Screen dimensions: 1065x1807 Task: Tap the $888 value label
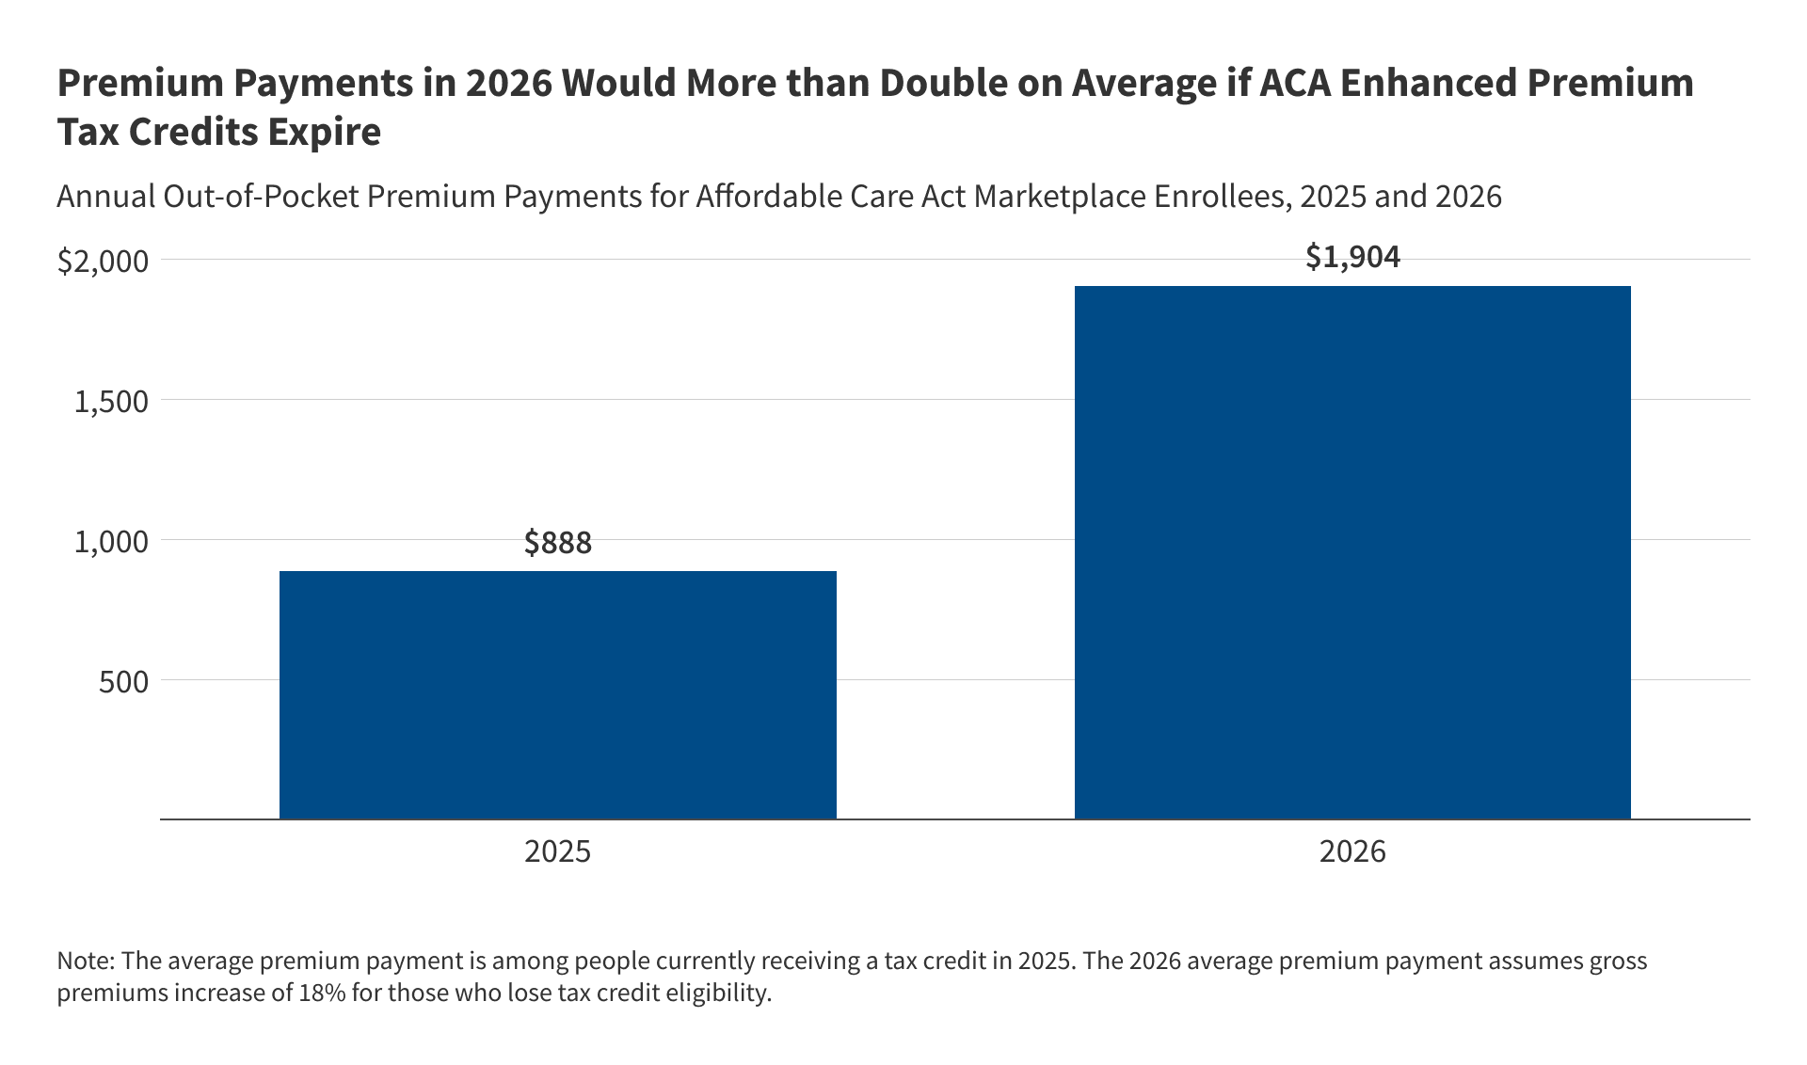pyautogui.click(x=557, y=543)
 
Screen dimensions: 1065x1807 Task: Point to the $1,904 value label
pyautogui.click(x=1352, y=257)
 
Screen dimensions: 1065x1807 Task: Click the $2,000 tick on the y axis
pyautogui.click(x=103, y=262)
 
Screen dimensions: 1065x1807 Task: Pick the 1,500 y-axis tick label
pyautogui.click(x=111, y=402)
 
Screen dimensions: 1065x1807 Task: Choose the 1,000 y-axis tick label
pyautogui.click(x=111, y=542)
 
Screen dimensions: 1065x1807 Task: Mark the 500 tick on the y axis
pyautogui.click(x=123, y=682)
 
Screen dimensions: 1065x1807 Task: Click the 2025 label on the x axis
pyautogui.click(x=557, y=851)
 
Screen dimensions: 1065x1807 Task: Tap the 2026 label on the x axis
pyautogui.click(x=1352, y=851)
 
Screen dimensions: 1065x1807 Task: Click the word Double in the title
pyautogui.click(x=943, y=84)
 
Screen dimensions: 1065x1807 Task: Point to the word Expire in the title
pyautogui.click(x=324, y=133)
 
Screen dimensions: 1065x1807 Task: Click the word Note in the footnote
pyautogui.click(x=85, y=962)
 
